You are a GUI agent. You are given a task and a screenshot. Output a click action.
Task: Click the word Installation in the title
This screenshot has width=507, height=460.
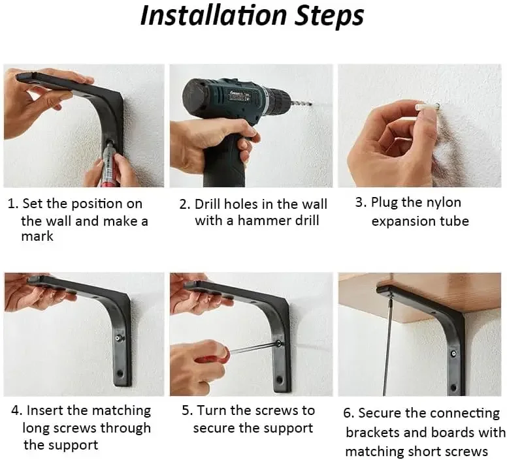coord(214,15)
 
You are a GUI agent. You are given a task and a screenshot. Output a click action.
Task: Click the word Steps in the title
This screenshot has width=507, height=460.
coord(329,16)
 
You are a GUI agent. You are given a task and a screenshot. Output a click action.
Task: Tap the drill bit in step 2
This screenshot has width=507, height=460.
coord(301,104)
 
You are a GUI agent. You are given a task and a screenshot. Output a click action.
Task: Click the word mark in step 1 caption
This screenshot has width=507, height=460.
coord(37,236)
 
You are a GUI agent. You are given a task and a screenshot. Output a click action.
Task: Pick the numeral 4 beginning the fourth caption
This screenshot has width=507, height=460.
coord(16,410)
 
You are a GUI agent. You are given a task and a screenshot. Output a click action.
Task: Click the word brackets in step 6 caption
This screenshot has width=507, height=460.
coord(372,432)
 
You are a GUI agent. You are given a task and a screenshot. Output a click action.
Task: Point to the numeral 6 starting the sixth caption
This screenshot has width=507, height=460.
coord(348,413)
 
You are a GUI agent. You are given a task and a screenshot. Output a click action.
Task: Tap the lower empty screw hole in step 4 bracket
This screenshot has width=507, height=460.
coord(120,373)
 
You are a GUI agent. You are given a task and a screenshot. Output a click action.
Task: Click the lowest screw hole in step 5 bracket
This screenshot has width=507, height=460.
coord(279,378)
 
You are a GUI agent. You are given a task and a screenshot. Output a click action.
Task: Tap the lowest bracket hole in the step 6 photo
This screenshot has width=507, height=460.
coord(453,388)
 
